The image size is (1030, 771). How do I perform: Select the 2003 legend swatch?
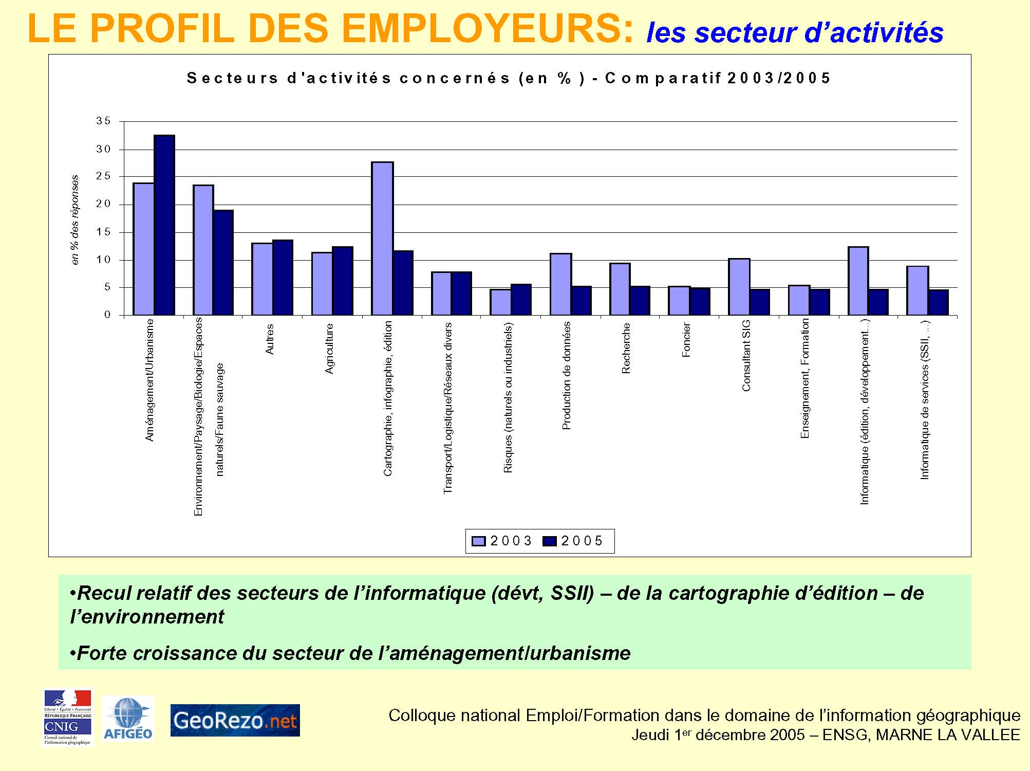point(478,541)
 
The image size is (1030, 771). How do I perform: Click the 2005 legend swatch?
point(550,541)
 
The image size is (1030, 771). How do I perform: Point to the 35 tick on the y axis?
point(103,121)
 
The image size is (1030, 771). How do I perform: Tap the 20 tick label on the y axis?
point(103,204)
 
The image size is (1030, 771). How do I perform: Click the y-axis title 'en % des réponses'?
point(76,220)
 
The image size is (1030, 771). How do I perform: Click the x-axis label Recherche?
point(626,348)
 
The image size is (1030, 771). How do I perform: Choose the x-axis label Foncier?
point(686,340)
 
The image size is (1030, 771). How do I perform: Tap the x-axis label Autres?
point(270,339)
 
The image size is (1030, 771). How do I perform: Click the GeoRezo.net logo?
point(235,721)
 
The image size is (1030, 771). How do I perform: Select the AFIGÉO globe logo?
point(128,718)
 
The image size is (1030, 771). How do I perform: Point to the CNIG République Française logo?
point(67,717)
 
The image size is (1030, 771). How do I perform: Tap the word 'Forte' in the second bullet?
point(100,653)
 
